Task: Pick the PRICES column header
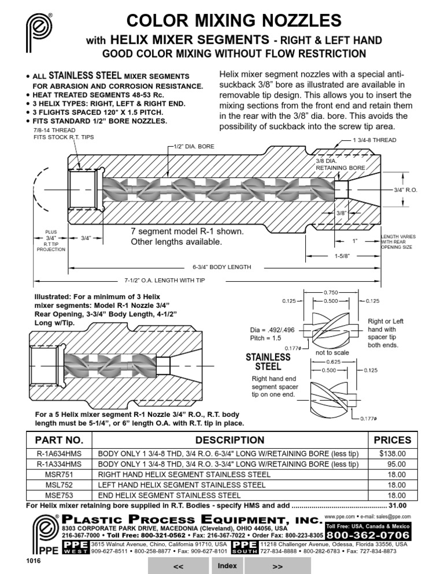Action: click(x=393, y=440)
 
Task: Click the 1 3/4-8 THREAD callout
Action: click(x=374, y=140)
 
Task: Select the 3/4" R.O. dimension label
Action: click(x=405, y=189)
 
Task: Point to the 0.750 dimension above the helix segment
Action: click(x=331, y=293)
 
